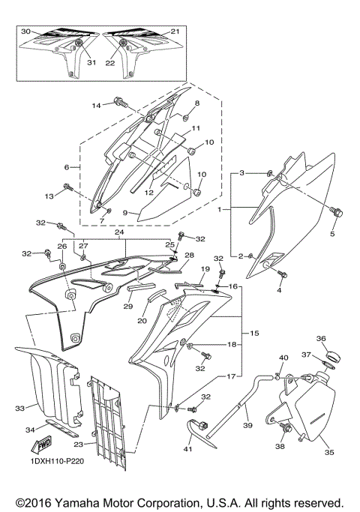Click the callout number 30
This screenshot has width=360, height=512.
(25, 31)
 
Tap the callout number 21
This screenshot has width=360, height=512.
(175, 31)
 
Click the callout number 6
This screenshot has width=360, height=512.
(67, 167)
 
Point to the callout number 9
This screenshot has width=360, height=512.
(125, 214)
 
